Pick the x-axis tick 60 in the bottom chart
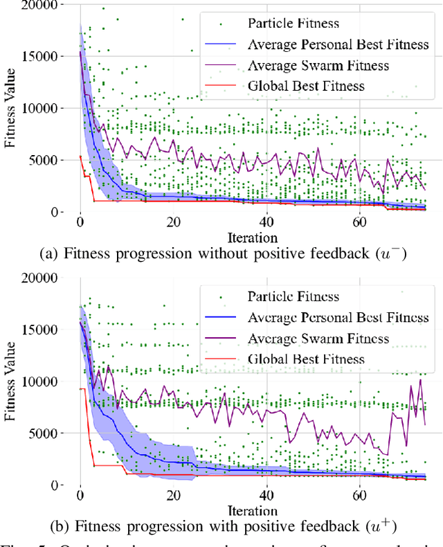pyautogui.click(x=359, y=496)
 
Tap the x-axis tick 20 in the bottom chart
pyautogui.click(x=173, y=496)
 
